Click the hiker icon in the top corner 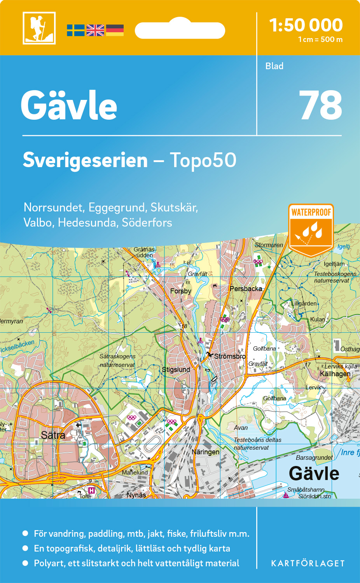click(x=39, y=28)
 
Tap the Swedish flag click(x=75, y=30)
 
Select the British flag click(x=95, y=30)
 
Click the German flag click(x=115, y=30)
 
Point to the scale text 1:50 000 click(x=306, y=25)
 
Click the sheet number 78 click(x=320, y=106)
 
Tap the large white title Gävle click(x=69, y=106)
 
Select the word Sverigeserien click(x=85, y=160)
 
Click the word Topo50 click(x=203, y=160)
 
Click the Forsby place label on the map click(x=181, y=291)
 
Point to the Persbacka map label click(x=246, y=289)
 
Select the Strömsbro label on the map click(x=230, y=356)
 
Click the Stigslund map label click(x=176, y=370)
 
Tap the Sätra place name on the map click(x=53, y=435)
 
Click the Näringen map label click(x=205, y=452)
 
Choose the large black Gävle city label click(x=314, y=473)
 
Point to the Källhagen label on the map click(x=335, y=374)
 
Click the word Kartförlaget click(x=308, y=564)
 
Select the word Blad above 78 click(x=274, y=66)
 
